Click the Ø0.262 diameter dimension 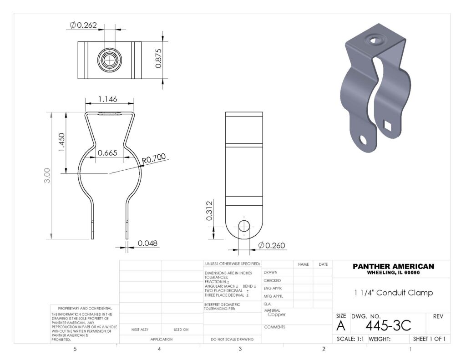tap(83, 25)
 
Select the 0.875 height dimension tap(158, 59)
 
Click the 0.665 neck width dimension tap(108, 153)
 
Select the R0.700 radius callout tap(153, 159)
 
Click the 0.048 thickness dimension tap(147, 243)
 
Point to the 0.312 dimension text tap(209, 211)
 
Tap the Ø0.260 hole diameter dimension tap(272, 246)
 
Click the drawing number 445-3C tap(388, 325)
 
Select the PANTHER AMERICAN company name tap(393, 266)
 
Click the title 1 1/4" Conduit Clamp tap(393, 293)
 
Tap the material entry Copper tap(277, 314)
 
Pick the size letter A tap(340, 326)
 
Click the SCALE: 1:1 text tap(350, 339)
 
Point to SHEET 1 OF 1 tap(428, 339)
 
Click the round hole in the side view tap(244, 225)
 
